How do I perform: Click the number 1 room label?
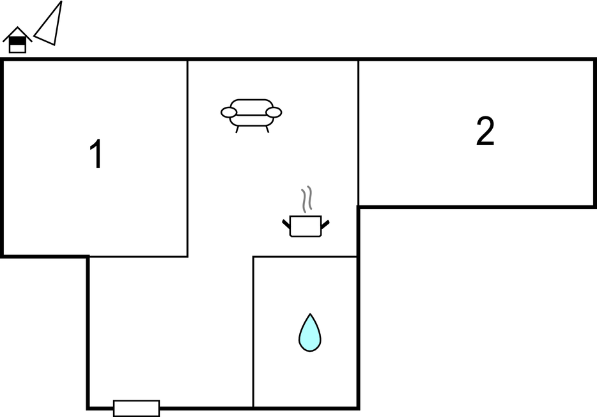(97, 153)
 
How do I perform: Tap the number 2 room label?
(485, 131)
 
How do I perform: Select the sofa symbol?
(251, 115)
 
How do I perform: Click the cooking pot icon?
(306, 226)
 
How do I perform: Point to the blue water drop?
(310, 333)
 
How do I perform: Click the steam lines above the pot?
(307, 199)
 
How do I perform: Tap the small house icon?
(17, 40)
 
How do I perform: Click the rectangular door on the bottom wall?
(136, 408)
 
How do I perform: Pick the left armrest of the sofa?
(229, 113)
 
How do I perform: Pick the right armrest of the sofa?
(274, 113)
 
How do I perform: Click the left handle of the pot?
(286, 224)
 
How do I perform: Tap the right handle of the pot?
(325, 224)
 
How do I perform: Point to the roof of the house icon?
(17, 33)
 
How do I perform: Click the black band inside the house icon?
(17, 41)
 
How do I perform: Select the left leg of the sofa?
(237, 129)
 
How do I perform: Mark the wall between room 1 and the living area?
(188, 158)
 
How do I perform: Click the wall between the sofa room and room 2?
(359, 133)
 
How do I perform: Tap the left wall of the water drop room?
(253, 332)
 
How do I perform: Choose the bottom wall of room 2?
(477, 207)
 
